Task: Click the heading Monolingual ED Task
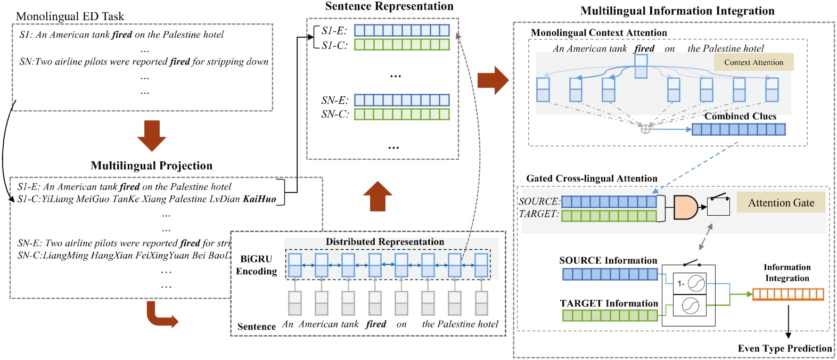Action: coord(70,17)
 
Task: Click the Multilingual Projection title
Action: coord(151,166)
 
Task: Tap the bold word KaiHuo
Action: coord(259,199)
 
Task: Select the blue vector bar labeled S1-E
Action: coord(401,30)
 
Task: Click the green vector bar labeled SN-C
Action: coord(401,114)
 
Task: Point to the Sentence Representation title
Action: coord(389,6)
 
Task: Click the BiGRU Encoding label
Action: coord(257,265)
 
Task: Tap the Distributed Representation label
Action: coord(384,242)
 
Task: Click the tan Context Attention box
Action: coord(753,62)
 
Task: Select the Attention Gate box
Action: coord(781,202)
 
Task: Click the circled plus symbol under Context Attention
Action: coord(645,129)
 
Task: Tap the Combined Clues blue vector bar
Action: coord(738,129)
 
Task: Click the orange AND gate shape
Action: coord(685,207)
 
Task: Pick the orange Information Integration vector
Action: coord(787,294)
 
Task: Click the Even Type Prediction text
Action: coord(784,348)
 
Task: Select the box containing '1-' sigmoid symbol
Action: coord(690,284)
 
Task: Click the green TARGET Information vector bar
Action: coord(610,315)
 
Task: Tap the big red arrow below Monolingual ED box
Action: coord(152,136)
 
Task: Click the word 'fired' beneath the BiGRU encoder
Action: coord(376,324)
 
